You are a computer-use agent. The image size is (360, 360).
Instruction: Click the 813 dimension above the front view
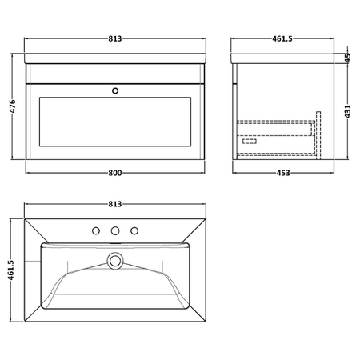(x=115, y=38)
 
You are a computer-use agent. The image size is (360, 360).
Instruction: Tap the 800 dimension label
(x=115, y=173)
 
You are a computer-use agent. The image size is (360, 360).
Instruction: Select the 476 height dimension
(x=13, y=106)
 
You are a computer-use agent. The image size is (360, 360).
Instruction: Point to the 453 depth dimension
(x=283, y=173)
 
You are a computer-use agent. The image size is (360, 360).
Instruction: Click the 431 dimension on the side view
(x=347, y=111)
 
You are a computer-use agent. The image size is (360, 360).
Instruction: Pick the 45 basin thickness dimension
(x=347, y=58)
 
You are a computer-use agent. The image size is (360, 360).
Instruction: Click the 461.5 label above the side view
(x=282, y=38)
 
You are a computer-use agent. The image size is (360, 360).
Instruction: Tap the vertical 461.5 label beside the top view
(x=10, y=270)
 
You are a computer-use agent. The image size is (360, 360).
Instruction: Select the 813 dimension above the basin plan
(x=115, y=204)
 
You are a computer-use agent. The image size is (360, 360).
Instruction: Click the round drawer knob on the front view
(x=115, y=91)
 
